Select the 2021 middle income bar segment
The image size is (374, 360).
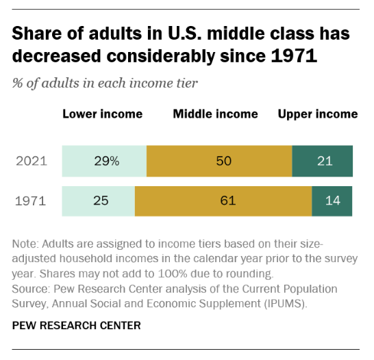(x=219, y=162)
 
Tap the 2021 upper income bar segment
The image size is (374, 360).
(x=323, y=162)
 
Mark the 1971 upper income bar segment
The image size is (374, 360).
(x=332, y=201)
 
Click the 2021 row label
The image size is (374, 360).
(x=32, y=162)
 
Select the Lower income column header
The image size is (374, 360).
(x=103, y=114)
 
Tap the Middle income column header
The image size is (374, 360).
(x=215, y=114)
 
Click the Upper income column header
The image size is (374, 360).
(x=318, y=114)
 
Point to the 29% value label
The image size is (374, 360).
(x=106, y=162)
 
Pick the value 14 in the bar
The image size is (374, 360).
(x=332, y=201)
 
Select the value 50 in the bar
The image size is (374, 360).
(x=223, y=162)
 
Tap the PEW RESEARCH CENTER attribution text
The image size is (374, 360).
(x=77, y=325)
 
